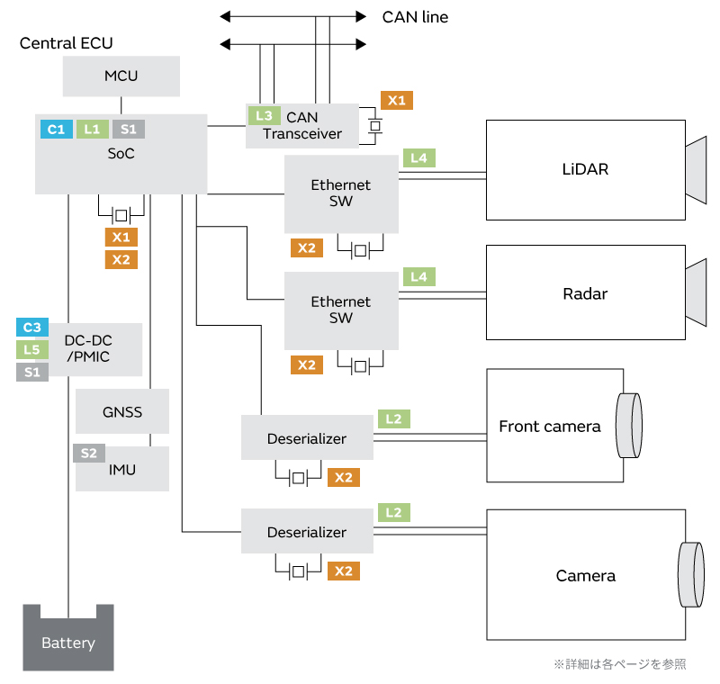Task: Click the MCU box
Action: (121, 76)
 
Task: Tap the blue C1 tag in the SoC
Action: (56, 130)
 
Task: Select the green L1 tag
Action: (92, 130)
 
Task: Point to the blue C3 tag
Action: (31, 328)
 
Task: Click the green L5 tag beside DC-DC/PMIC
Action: (31, 350)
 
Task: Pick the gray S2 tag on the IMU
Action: (88, 454)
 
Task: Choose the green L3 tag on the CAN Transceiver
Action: (263, 115)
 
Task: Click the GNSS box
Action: (122, 413)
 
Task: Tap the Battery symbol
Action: (68, 638)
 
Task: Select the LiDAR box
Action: (585, 169)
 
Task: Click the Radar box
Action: (585, 293)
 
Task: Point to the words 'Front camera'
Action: (549, 427)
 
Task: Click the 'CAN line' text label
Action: (415, 17)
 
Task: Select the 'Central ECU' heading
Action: (67, 43)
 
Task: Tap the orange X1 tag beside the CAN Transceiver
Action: (397, 101)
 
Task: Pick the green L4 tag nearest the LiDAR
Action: (419, 158)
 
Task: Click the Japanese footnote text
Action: (619, 664)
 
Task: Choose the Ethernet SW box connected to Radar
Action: (341, 310)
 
